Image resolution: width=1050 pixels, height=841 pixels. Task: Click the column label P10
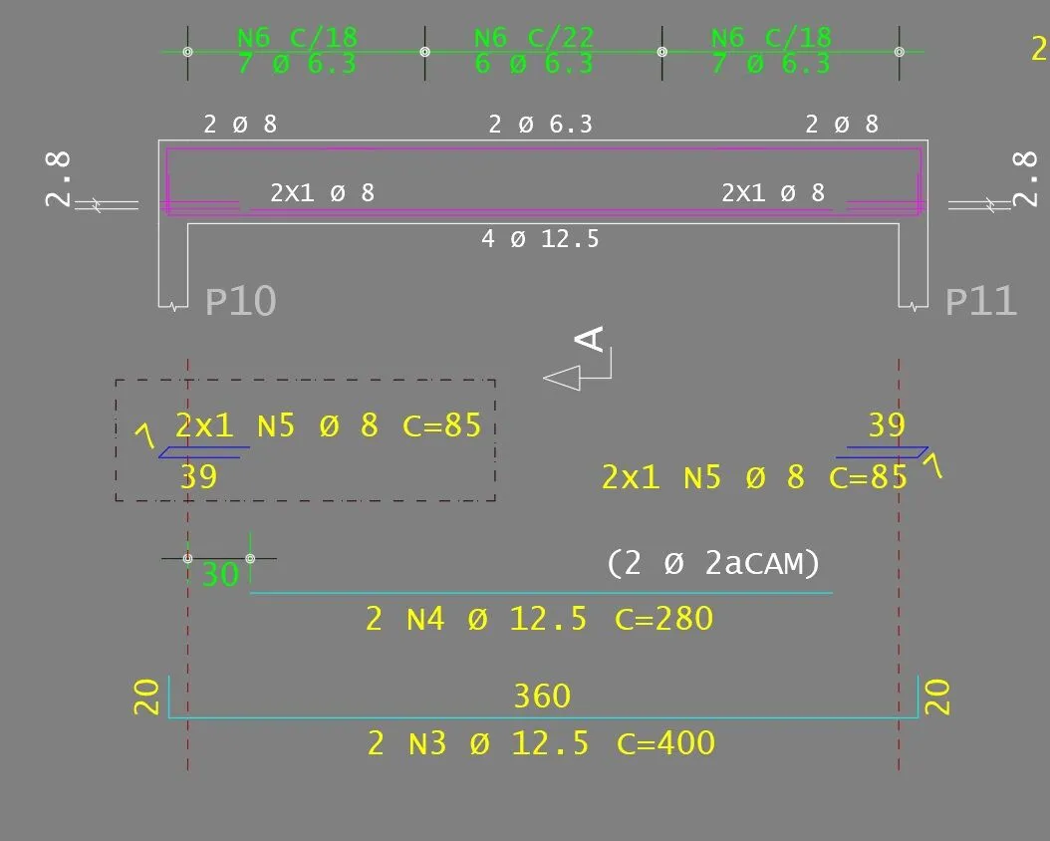click(x=240, y=301)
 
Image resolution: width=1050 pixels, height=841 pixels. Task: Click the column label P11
click(x=980, y=301)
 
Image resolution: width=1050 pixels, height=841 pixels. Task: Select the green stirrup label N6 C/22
click(x=534, y=38)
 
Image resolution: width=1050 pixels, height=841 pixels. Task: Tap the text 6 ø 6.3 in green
click(x=534, y=65)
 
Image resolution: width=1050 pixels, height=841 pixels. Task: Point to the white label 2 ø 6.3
click(x=540, y=125)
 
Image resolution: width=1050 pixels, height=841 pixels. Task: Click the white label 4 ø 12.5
click(x=540, y=239)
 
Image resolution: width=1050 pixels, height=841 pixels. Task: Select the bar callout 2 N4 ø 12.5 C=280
click(x=539, y=619)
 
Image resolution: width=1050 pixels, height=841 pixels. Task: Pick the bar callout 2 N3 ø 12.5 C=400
click(x=541, y=743)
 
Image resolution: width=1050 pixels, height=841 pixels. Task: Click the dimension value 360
click(x=542, y=696)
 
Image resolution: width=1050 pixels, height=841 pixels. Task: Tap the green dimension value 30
click(x=220, y=575)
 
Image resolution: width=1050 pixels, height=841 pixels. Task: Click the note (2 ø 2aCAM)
click(x=713, y=564)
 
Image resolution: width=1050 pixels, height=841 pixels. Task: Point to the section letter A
click(x=592, y=339)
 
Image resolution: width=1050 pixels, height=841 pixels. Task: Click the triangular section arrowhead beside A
click(x=563, y=378)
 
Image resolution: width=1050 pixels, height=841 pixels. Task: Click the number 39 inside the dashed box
click(x=198, y=477)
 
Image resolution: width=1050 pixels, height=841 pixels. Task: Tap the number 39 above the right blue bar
click(x=887, y=426)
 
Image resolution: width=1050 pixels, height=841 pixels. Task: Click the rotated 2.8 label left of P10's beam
click(x=59, y=178)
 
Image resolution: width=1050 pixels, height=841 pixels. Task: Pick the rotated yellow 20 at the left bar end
click(x=147, y=697)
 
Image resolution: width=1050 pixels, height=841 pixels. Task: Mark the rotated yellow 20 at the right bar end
click(x=938, y=697)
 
